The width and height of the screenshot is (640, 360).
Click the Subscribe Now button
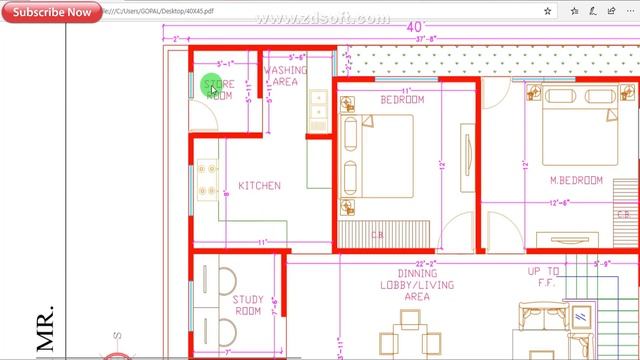click(x=51, y=13)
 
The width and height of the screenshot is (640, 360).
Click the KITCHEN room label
click(x=259, y=186)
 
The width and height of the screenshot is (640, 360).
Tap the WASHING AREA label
click(x=285, y=76)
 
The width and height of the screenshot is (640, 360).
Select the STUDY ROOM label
click(x=248, y=305)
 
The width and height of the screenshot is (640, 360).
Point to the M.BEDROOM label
click(x=576, y=181)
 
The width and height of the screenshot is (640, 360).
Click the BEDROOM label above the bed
click(x=402, y=101)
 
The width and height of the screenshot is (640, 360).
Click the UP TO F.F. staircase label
click(x=545, y=277)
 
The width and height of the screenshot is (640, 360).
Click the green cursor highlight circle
click(x=211, y=86)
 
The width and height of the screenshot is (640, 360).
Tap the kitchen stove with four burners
click(x=208, y=179)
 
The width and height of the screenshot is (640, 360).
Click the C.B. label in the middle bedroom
click(x=378, y=236)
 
